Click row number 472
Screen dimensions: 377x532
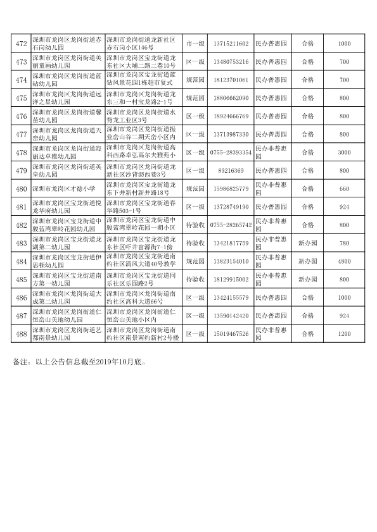(21, 44)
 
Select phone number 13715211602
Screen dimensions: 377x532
(229, 44)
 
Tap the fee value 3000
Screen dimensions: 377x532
(344, 152)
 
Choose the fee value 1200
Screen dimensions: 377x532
(344, 333)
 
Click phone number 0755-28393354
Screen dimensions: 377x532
(229, 152)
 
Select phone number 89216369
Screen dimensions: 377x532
(229, 171)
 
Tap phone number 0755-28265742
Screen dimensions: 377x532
(229, 225)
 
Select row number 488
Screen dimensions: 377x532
(21, 333)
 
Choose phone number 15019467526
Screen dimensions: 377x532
(229, 333)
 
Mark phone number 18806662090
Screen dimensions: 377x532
(229, 98)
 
